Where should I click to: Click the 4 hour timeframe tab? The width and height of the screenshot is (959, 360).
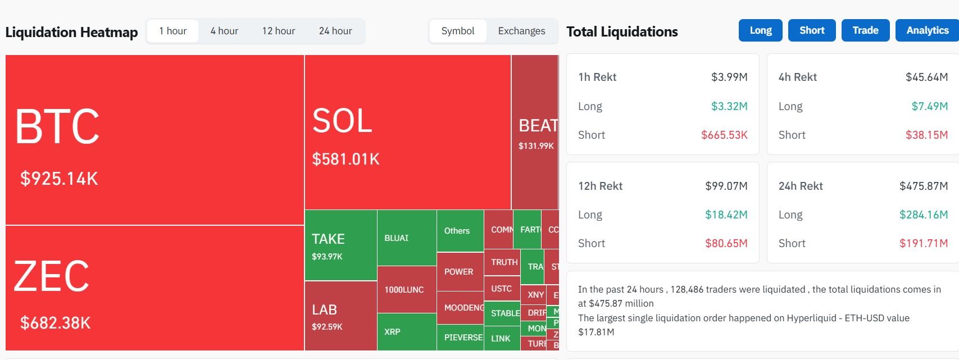[224, 31]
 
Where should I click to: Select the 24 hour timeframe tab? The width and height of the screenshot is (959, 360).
[335, 31]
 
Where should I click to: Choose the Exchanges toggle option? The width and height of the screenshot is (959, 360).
[521, 31]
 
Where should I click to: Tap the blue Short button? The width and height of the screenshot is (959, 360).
[812, 30]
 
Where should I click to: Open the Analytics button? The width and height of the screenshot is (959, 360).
[927, 30]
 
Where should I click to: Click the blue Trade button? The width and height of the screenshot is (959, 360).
[865, 30]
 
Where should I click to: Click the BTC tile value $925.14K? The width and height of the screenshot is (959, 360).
[59, 179]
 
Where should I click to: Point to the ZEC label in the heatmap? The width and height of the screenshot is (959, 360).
[51, 276]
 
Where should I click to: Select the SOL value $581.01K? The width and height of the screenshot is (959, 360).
[346, 160]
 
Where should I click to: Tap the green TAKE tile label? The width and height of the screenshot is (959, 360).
[328, 239]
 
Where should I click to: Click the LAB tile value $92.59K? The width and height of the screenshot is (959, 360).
[327, 327]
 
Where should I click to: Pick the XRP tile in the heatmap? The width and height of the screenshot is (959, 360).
[392, 332]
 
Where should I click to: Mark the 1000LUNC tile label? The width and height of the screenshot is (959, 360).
[404, 290]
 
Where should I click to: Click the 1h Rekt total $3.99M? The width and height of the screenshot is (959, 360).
[729, 77]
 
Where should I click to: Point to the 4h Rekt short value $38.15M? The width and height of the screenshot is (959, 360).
[926, 135]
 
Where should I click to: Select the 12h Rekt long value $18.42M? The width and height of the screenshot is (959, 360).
[726, 215]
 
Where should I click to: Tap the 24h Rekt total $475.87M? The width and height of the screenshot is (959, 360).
[923, 186]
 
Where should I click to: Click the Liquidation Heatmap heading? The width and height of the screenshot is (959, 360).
[71, 32]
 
